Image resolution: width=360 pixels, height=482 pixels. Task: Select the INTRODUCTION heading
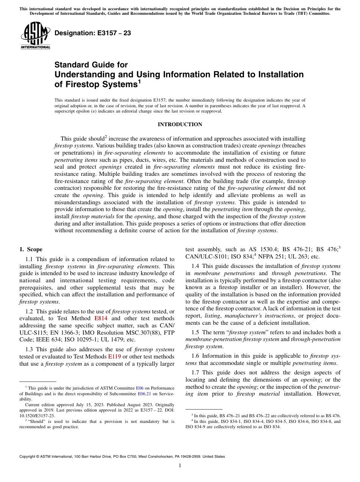(x=180, y=124)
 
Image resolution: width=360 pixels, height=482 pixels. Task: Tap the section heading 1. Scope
(x=31, y=249)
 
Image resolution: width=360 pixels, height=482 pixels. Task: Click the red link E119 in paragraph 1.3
(x=114, y=356)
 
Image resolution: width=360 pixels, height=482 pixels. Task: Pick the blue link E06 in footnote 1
(x=139, y=388)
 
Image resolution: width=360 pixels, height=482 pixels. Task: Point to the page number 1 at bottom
(x=180, y=466)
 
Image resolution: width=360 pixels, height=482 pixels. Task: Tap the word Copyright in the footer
(x=29, y=457)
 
